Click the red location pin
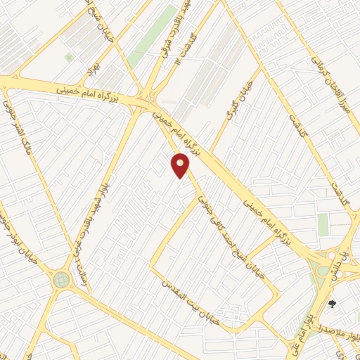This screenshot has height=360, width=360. (181, 166)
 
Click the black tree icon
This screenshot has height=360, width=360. (333, 304)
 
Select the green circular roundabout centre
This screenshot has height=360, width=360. (61, 281)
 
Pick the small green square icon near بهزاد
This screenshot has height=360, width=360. (68, 57)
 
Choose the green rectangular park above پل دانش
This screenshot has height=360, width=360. (323, 225)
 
